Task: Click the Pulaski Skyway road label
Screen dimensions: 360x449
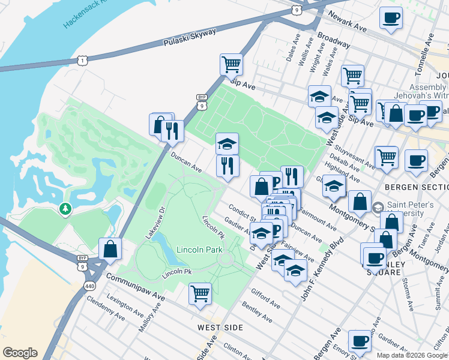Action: (x=189, y=38)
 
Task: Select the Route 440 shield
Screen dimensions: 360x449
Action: (x=89, y=286)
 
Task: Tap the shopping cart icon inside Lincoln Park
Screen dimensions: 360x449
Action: (x=200, y=293)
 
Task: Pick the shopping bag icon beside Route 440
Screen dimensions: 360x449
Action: (x=110, y=248)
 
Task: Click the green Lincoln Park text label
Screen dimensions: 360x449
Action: (x=199, y=250)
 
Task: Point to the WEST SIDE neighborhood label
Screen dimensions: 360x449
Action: (x=220, y=328)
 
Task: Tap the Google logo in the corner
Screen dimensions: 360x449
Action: (x=20, y=352)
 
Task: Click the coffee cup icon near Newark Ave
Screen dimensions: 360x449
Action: (x=391, y=17)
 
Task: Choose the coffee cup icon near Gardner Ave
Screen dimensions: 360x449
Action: (x=360, y=341)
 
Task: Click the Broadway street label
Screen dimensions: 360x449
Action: (x=334, y=40)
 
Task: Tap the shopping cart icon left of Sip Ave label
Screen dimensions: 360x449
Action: (x=231, y=64)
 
